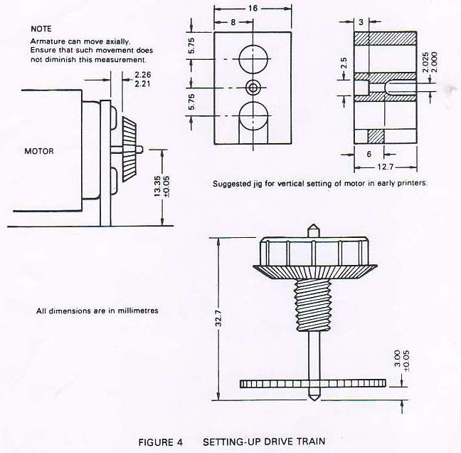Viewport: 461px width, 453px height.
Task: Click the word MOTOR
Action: tap(39, 151)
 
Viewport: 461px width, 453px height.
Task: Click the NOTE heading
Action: tap(41, 28)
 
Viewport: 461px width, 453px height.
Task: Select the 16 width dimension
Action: tap(253, 9)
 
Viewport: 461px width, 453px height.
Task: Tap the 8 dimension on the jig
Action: tap(233, 22)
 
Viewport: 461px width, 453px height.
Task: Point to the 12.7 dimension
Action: tap(386, 167)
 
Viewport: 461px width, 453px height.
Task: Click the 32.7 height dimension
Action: tap(218, 318)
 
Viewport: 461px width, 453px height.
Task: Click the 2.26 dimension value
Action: tap(142, 75)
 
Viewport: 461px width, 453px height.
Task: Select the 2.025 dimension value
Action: tap(425, 62)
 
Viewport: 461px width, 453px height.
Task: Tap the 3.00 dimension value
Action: tap(397, 358)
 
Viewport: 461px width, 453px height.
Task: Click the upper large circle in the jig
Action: tap(253, 59)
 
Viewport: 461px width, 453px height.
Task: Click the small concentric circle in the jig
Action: tap(253, 88)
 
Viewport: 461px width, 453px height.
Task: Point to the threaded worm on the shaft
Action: tap(313, 305)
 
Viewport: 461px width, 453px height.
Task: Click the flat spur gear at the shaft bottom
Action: tap(313, 383)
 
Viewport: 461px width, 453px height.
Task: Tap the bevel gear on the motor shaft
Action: tap(129, 149)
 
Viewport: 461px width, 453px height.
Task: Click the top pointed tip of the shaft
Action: tap(313, 224)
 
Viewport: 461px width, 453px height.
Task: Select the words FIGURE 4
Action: tap(160, 442)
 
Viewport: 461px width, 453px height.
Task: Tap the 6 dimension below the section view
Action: tap(369, 154)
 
